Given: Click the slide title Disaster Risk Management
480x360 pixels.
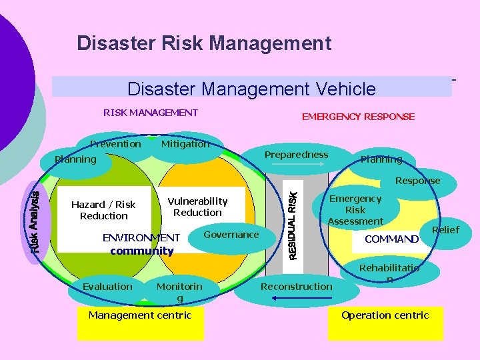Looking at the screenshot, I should [x=204, y=44].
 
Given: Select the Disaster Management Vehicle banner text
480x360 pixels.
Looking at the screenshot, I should [x=251, y=89].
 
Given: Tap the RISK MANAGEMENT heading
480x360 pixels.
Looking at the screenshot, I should [x=151, y=113].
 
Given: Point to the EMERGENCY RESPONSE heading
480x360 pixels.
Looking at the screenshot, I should [x=358, y=117].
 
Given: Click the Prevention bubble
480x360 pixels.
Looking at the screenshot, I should [x=115, y=144].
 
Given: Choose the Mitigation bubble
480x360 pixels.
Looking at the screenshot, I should [x=185, y=144].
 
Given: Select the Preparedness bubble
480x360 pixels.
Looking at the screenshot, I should [x=296, y=155].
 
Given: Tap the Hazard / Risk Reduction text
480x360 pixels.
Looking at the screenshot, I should [x=103, y=210].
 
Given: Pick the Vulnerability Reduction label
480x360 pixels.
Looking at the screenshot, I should [x=197, y=207].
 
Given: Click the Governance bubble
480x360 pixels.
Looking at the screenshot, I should [x=231, y=235].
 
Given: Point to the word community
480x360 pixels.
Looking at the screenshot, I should [x=141, y=251].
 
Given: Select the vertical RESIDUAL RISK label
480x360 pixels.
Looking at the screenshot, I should [x=292, y=221].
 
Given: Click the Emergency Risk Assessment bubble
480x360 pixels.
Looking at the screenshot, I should [x=355, y=209].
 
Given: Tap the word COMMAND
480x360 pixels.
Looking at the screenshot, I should [x=392, y=239].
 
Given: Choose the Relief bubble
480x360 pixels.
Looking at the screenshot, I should [x=445, y=230].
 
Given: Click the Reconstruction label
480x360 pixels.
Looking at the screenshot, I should [x=296, y=287].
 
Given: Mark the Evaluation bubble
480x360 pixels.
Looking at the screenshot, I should [x=107, y=287].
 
